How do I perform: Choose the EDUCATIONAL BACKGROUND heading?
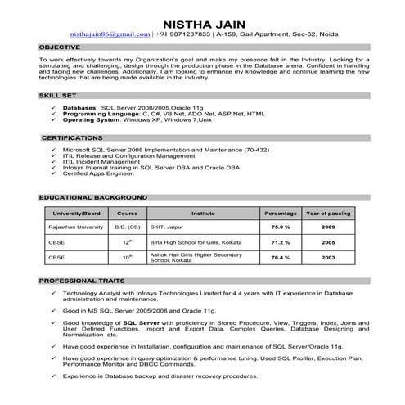coord(91,198)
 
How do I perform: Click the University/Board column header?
coord(75,214)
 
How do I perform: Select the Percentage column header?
coord(281,214)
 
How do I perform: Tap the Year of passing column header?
coord(328,214)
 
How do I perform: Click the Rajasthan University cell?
coord(76,227)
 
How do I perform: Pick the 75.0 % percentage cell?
coord(281,227)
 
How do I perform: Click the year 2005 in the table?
coord(328,242)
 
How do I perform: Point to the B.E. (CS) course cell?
coord(127,227)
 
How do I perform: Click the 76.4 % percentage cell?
coord(281,258)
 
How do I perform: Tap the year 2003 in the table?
coord(328,258)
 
